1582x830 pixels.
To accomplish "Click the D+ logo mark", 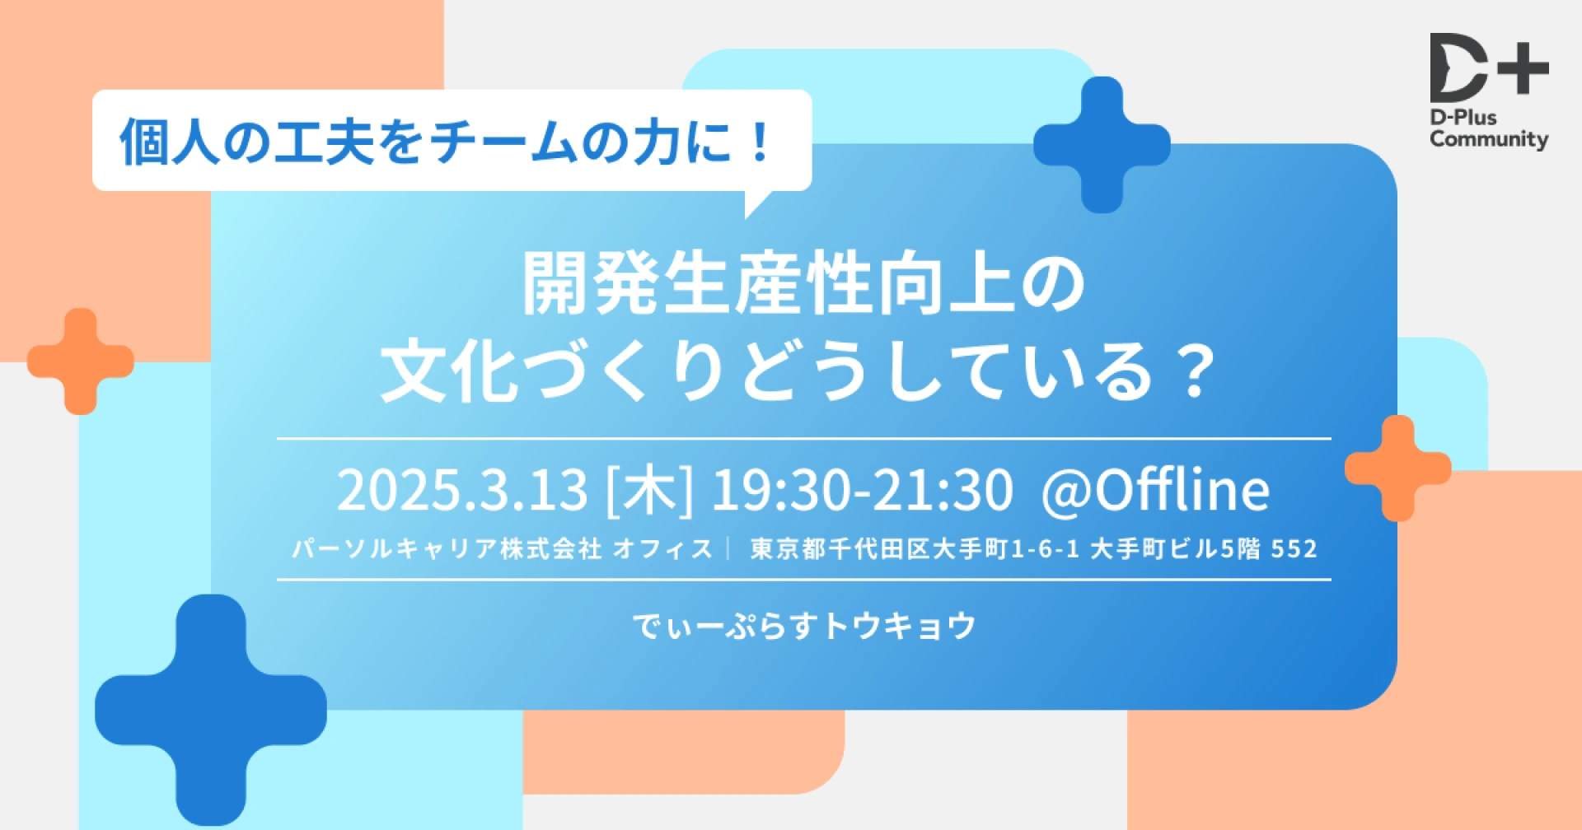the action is coord(1489,68).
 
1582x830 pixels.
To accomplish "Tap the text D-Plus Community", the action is coord(1489,129).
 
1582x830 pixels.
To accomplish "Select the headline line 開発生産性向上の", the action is coord(804,282).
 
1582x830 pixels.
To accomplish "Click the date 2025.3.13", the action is coord(462,490).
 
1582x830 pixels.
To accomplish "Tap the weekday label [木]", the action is coord(649,490).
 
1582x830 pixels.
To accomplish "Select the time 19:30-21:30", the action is coord(862,490).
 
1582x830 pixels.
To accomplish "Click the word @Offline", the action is coord(1155,490).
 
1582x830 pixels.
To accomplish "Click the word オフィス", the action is coord(663,548).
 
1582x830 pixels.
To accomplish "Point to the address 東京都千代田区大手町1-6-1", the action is coord(915,548).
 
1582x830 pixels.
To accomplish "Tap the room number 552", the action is coord(1294,548).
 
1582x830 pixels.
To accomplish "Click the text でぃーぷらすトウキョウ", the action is coord(804,626).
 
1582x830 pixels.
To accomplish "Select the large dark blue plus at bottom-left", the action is coord(211,710).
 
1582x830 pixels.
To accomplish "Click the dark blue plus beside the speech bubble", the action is coord(1102,145).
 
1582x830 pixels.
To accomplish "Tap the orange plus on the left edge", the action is coord(81,361).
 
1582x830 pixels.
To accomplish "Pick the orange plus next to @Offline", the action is coord(1398,469).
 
